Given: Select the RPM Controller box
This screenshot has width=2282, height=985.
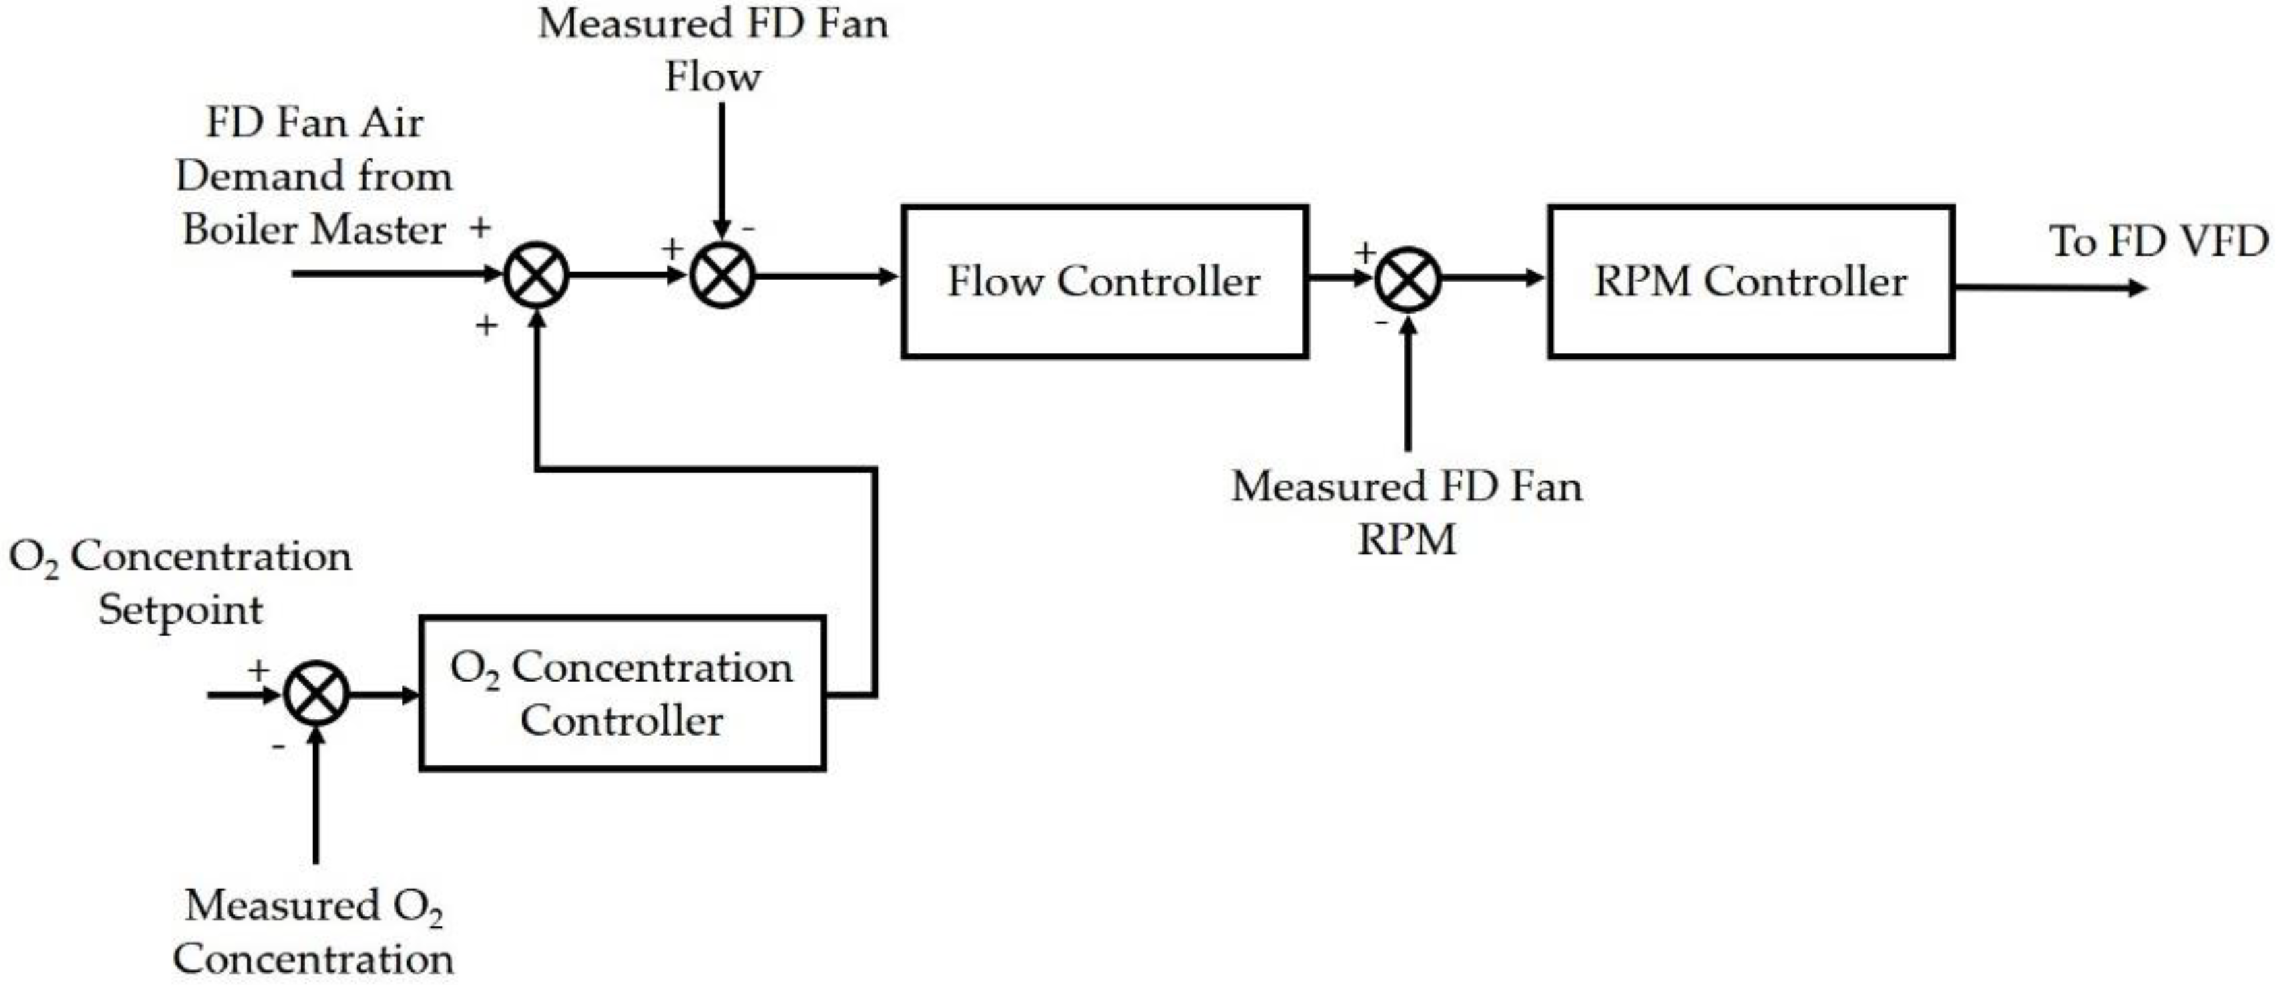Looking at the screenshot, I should click(1751, 282).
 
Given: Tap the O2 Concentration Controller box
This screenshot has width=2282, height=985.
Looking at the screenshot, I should click(622, 692).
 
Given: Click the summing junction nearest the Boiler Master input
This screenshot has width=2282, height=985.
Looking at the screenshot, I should click(536, 276).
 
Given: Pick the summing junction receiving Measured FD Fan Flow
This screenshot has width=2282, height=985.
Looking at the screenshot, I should click(722, 276).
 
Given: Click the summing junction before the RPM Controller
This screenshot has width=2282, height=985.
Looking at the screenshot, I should click(1408, 279).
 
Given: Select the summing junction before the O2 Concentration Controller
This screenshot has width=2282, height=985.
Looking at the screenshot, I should click(316, 694).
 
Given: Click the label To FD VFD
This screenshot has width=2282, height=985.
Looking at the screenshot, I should click(2158, 241).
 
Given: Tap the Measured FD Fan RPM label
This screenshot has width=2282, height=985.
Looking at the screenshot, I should click(1407, 512).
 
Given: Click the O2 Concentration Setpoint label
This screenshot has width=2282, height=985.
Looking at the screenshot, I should click(180, 583).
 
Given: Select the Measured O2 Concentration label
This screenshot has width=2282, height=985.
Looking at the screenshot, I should click(313, 932).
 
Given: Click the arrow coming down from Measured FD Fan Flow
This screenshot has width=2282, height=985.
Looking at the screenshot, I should click(722, 169).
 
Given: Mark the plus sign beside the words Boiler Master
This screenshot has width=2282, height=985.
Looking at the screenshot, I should click(480, 229).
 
